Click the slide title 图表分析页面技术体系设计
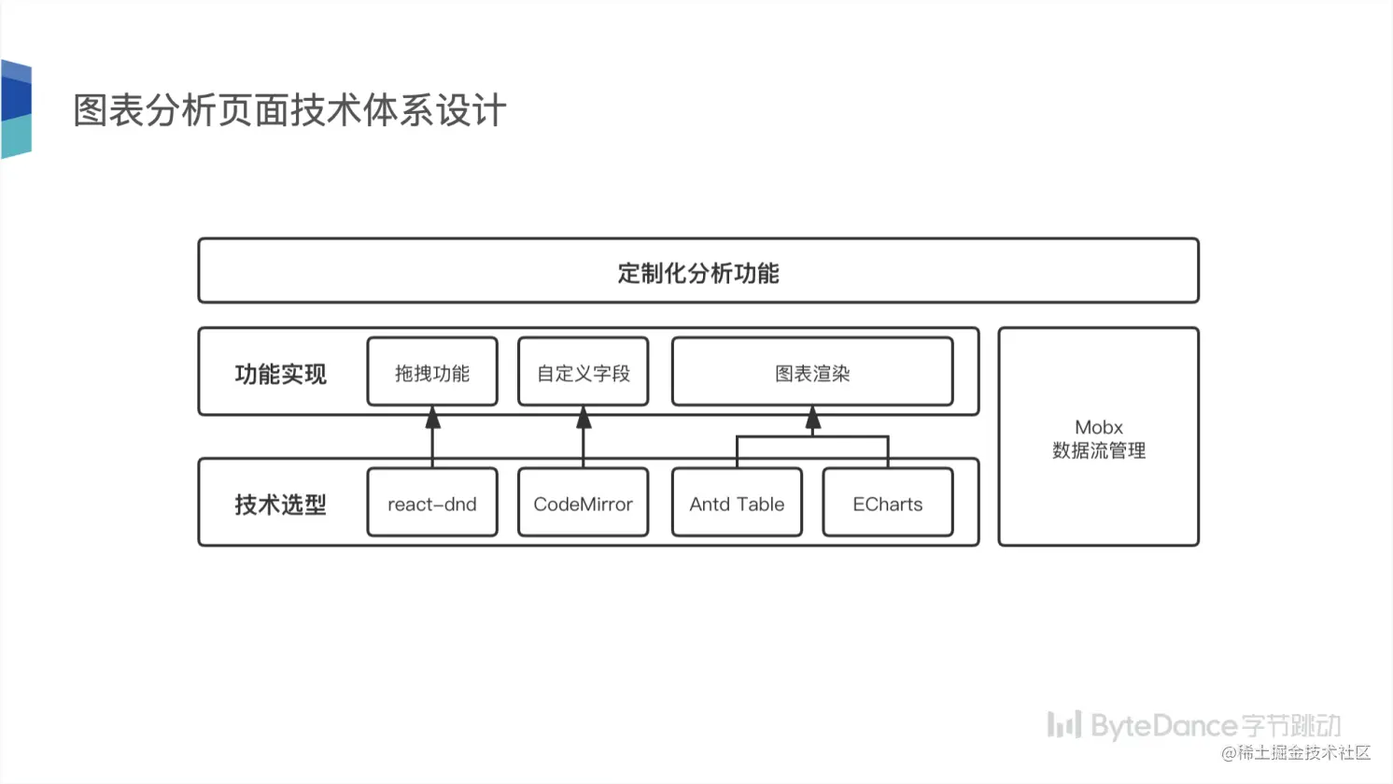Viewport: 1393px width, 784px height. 289,110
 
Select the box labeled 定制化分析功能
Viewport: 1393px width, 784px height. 697,272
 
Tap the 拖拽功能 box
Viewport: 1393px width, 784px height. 432,373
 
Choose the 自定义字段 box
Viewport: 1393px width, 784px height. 583,373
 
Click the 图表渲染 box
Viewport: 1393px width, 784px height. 812,373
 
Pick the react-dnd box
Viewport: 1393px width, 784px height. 432,504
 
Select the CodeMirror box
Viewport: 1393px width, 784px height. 583,504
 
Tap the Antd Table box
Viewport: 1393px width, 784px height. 737,504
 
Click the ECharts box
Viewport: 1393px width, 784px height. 887,504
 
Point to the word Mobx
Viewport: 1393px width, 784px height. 1098,427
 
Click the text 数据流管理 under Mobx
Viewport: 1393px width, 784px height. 1098,450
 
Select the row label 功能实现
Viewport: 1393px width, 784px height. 280,374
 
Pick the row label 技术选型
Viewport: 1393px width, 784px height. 280,505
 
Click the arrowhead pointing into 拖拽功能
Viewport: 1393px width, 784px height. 432,419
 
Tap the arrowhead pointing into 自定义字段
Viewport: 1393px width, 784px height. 584,419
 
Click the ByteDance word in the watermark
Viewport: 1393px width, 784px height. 1163,725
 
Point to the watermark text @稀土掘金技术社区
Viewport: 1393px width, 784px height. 1296,752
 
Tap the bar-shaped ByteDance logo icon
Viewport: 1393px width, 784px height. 1063,724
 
